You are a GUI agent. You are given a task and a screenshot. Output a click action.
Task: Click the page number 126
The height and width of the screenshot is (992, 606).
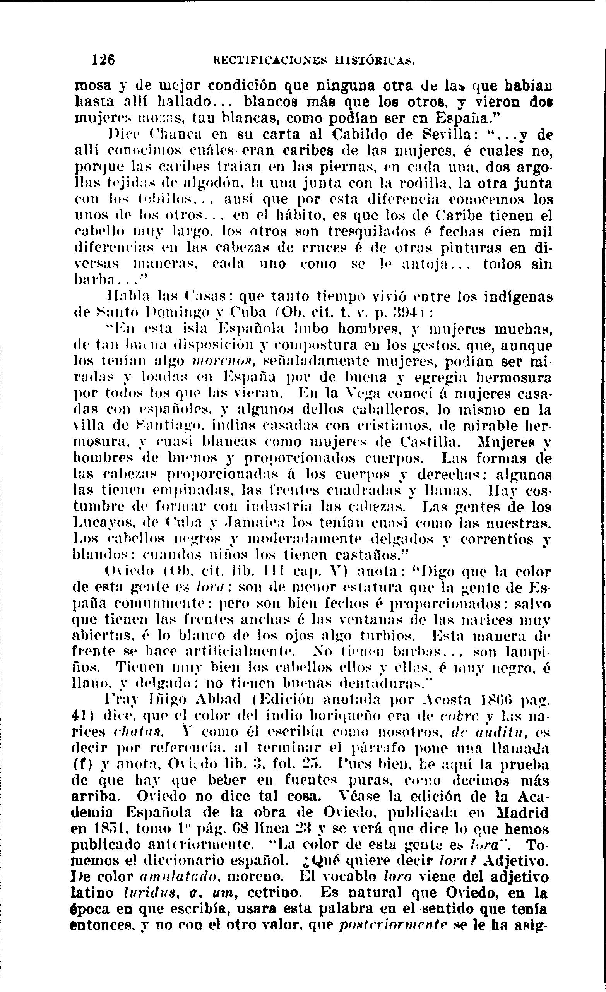pos(103,60)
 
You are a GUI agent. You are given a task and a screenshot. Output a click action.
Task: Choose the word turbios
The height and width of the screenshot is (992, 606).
pos(389,637)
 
